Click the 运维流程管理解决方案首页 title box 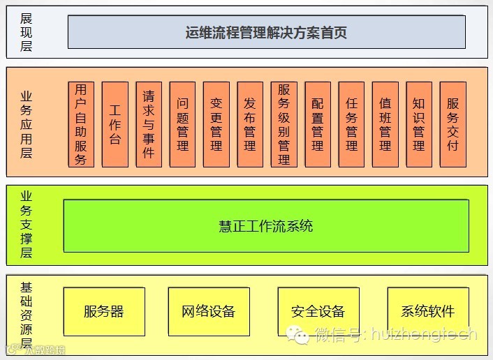click(266, 32)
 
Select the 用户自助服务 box click(81, 124)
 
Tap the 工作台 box click(115, 124)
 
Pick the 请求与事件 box click(149, 124)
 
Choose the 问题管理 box click(183, 124)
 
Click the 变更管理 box click(216, 124)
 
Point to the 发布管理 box click(250, 124)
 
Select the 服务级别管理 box click(284, 124)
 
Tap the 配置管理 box click(318, 124)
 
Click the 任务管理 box click(351, 124)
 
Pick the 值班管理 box click(385, 124)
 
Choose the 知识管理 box click(419, 124)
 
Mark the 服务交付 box click(452, 124)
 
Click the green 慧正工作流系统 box click(266, 226)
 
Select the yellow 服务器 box click(104, 311)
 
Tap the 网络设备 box click(209, 311)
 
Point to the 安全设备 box click(318, 311)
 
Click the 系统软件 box click(428, 311)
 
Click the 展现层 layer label click(27, 31)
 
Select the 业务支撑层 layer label click(27, 225)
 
